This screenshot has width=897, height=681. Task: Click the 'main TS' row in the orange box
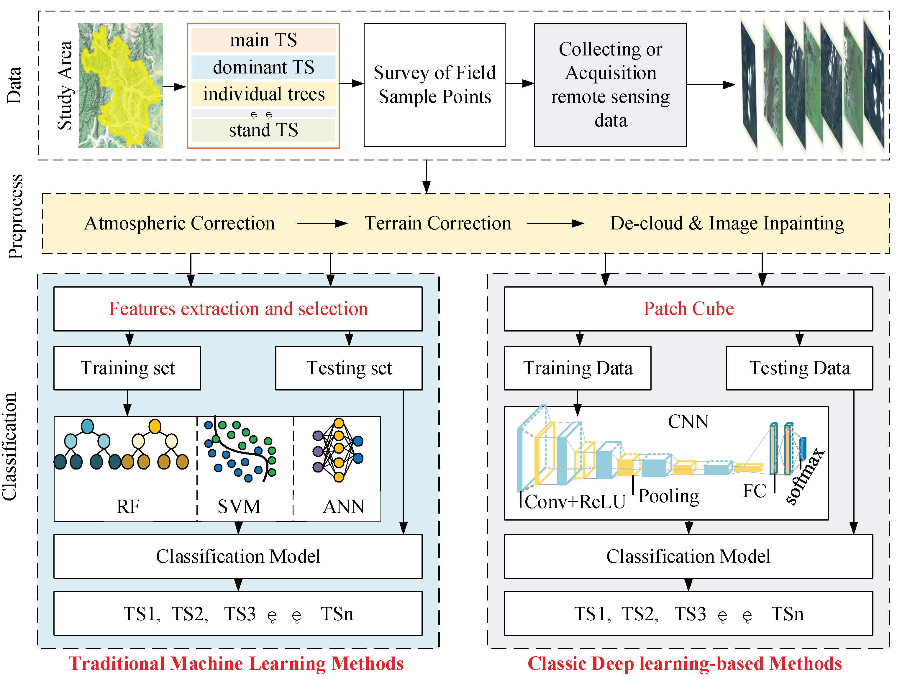click(263, 40)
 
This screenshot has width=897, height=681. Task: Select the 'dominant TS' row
click(263, 67)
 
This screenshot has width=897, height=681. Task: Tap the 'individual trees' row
click(263, 94)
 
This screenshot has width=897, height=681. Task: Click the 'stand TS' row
click(263, 130)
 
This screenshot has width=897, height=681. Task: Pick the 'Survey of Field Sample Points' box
click(434, 85)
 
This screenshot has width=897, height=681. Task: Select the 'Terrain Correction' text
click(437, 223)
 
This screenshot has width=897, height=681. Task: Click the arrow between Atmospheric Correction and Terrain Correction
click(322, 223)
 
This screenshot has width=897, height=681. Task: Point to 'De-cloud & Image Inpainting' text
click(727, 223)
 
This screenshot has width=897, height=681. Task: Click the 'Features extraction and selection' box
click(238, 309)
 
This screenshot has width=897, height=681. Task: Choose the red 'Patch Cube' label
click(688, 309)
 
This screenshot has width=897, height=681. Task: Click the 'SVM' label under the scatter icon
click(239, 506)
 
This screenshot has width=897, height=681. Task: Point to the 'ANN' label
click(343, 506)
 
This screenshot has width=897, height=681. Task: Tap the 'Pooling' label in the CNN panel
click(668, 496)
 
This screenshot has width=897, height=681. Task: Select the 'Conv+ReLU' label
click(575, 502)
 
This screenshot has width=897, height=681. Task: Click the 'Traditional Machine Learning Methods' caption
click(236, 664)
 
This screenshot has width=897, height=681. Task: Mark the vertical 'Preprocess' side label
click(15, 217)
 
